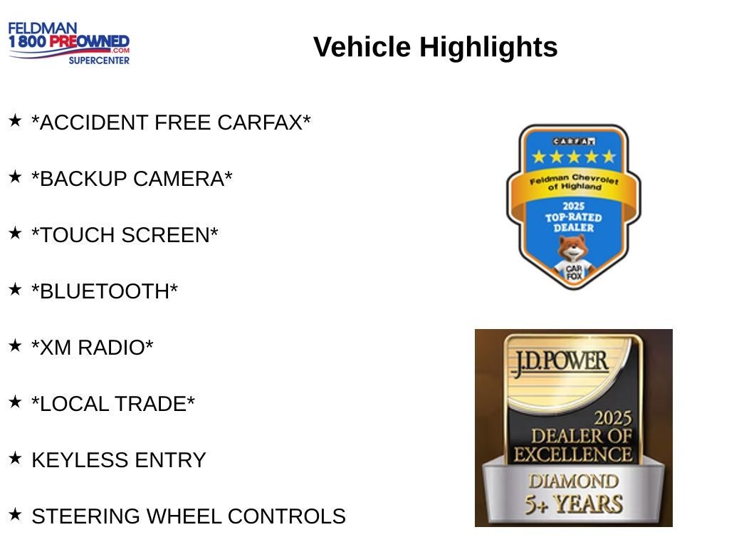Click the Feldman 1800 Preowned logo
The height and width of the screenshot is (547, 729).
(x=69, y=43)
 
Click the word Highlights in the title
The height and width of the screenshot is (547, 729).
(x=488, y=47)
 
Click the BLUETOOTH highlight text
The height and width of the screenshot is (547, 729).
(x=105, y=291)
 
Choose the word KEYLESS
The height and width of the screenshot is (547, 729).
(x=80, y=461)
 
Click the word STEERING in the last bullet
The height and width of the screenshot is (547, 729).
(x=86, y=517)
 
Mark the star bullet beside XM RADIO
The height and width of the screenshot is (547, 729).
(x=15, y=345)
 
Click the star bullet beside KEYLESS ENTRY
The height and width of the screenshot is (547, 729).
(x=15, y=458)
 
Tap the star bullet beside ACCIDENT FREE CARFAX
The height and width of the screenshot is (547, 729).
(x=15, y=120)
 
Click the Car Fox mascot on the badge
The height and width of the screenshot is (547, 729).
(x=574, y=258)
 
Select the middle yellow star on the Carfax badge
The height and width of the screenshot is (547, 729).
(x=574, y=157)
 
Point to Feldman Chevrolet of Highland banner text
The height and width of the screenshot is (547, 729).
(x=575, y=182)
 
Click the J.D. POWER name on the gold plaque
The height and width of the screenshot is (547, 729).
(x=560, y=362)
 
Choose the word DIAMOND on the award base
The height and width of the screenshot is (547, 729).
(x=574, y=481)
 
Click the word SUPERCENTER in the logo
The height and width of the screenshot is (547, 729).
(x=99, y=61)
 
